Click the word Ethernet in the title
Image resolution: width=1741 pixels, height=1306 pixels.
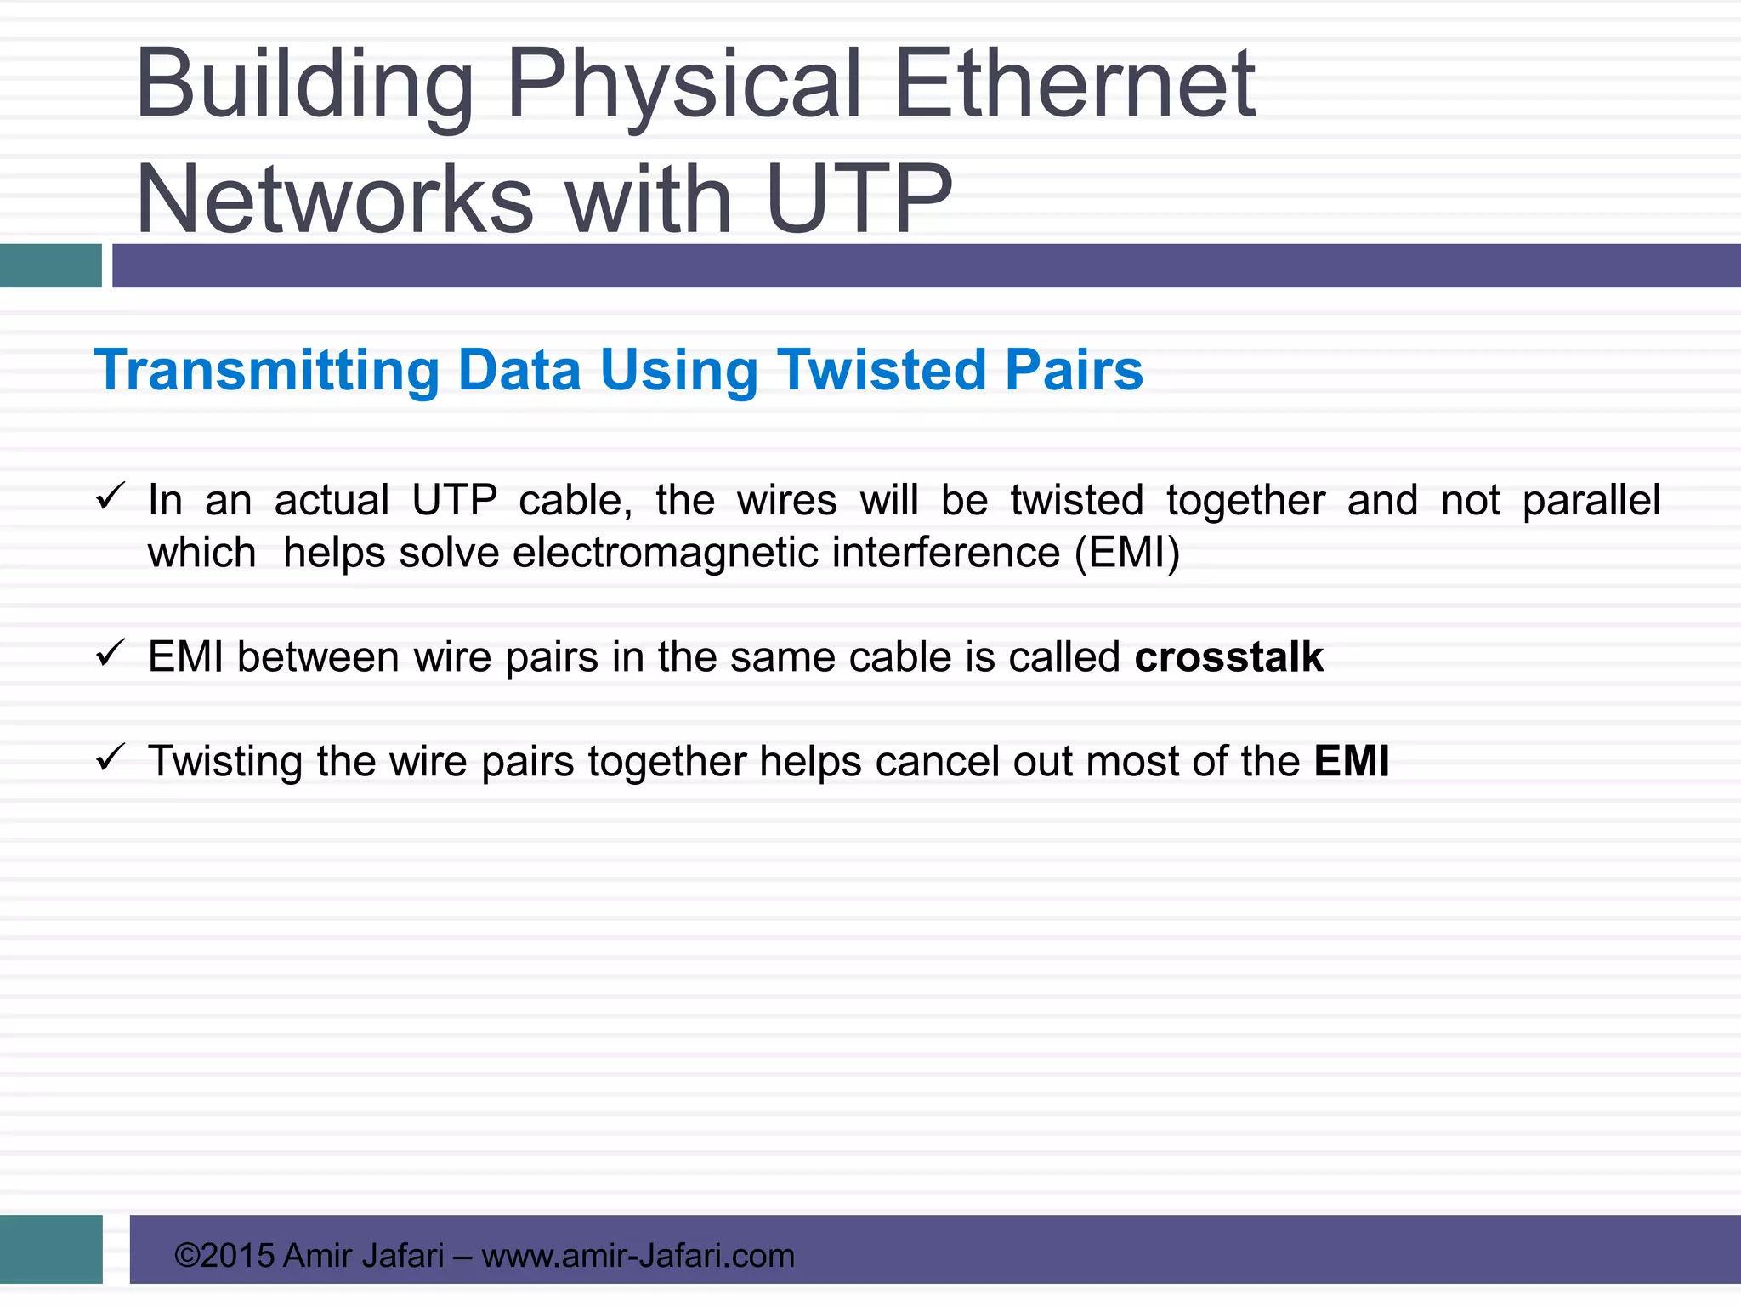click(x=1075, y=85)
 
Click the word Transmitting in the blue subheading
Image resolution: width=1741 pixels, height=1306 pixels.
click(x=267, y=372)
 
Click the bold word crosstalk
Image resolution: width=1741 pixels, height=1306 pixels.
click(x=1228, y=657)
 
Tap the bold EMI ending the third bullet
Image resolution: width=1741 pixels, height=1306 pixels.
click(x=1352, y=761)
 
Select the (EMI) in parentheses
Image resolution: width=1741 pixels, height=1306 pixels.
click(x=1127, y=553)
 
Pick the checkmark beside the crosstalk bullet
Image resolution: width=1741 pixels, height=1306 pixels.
click(x=111, y=653)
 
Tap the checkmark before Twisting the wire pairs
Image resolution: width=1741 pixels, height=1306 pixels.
click(x=111, y=757)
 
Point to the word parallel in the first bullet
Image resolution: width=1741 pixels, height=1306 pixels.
click(x=1591, y=501)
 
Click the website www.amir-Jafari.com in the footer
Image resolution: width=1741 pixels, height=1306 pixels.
click(x=638, y=1256)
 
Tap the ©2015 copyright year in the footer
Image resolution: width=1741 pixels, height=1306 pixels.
click(x=224, y=1256)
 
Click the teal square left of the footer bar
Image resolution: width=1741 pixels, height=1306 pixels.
click(x=51, y=1249)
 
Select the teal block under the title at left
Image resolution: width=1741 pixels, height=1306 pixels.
click(x=51, y=265)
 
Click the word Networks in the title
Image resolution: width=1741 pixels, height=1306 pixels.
click(x=334, y=200)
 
